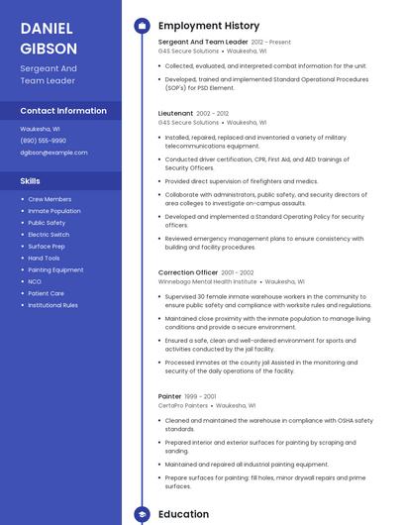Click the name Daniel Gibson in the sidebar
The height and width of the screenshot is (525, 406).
click(x=49, y=38)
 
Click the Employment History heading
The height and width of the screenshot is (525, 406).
click(x=209, y=26)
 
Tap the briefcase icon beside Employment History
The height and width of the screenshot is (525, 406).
click(x=142, y=26)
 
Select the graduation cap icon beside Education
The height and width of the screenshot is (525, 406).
click(x=142, y=514)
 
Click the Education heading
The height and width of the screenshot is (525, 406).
click(x=183, y=514)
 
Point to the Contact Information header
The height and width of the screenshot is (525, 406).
click(x=63, y=111)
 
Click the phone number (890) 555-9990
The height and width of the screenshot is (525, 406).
click(x=44, y=141)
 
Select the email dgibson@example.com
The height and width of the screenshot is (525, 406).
click(x=53, y=153)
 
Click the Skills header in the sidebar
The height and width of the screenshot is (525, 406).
click(x=31, y=181)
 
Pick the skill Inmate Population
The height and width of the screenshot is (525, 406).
click(x=54, y=211)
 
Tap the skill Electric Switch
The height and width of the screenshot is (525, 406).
click(x=50, y=235)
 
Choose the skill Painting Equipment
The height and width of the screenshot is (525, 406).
click(x=55, y=269)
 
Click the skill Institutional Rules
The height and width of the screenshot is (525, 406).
click(x=53, y=305)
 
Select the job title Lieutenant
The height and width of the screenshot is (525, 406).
click(x=175, y=114)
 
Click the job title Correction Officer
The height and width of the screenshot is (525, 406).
click(x=188, y=272)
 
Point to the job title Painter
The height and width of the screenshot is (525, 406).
click(x=170, y=396)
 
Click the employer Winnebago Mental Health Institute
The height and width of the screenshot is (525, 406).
click(x=208, y=281)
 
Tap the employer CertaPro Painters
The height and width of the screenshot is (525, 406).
click(x=183, y=405)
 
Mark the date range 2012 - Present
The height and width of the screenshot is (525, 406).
click(x=271, y=43)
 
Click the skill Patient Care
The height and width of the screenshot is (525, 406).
click(x=47, y=293)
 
